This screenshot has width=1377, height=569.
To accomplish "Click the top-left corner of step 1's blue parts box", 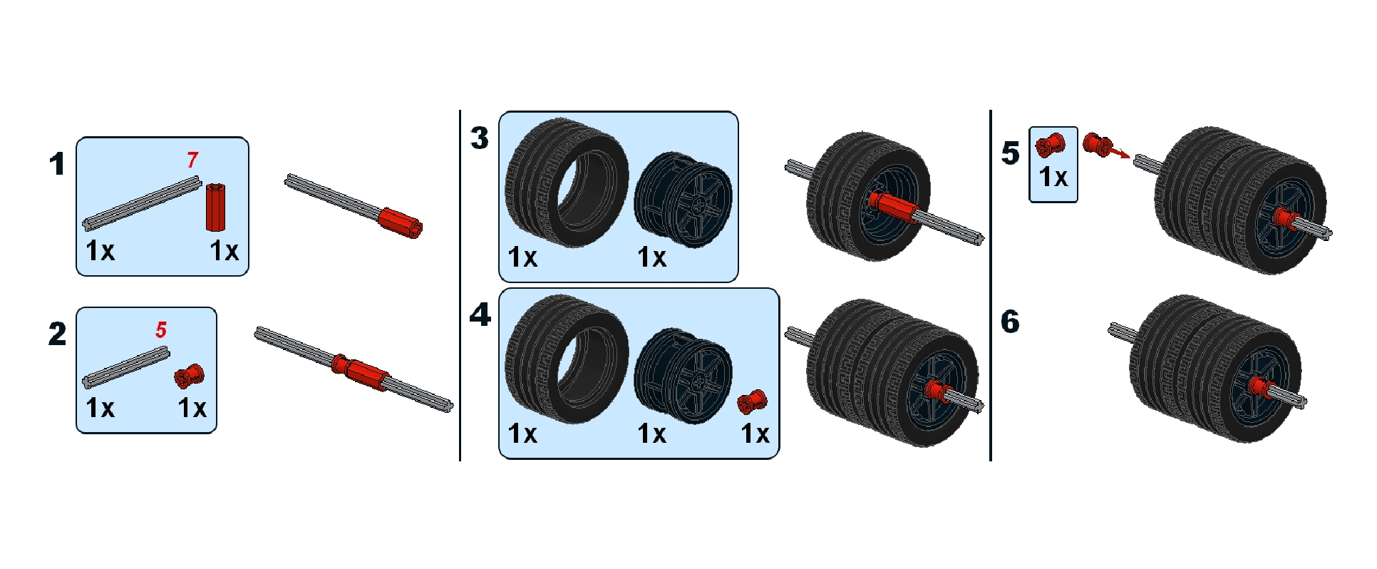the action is pos(76,138).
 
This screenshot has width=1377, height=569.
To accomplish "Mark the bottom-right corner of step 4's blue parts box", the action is pos(779,458).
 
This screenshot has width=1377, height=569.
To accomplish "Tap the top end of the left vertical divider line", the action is pos(460,111).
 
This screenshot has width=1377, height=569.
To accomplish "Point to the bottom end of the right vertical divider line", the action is pos(991,461).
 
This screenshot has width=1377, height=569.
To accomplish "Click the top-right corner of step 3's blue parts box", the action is pos(738,112).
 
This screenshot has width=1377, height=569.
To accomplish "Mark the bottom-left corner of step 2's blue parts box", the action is pos(76,433).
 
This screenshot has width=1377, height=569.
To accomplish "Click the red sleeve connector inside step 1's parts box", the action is pos(215,207).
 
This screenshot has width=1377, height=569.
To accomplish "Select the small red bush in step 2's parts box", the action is pos(190,375).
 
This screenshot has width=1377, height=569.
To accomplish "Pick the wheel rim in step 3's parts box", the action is pos(682,199).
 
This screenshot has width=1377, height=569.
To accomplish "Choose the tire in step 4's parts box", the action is pos(567,360).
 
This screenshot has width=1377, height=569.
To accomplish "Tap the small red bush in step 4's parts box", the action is pos(752,402).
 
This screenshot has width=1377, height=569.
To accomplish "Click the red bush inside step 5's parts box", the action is pos(1050,145).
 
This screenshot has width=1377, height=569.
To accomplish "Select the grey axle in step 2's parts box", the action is pos(127,367).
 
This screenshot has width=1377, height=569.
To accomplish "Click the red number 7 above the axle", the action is pos(192,160).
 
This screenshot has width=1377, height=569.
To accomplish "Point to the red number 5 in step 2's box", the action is pos(161,330).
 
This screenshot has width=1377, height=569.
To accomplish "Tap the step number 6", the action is pos(1010,322).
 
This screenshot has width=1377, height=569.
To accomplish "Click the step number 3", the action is pos(480,138).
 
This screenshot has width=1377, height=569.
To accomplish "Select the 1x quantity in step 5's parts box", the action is pos(1053,177).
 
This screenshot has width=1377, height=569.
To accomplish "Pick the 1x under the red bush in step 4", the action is pos(755,434).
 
